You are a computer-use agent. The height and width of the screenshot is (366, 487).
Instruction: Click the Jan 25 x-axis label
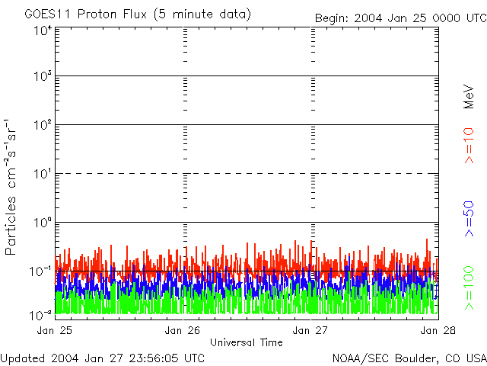click(x=56, y=330)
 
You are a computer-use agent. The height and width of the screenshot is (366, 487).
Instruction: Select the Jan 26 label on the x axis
click(x=183, y=330)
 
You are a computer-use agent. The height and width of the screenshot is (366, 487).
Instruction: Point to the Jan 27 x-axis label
click(x=311, y=330)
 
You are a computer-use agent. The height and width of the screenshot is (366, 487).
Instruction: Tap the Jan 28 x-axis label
click(x=429, y=330)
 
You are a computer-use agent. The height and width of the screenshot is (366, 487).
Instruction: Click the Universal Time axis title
click(x=247, y=342)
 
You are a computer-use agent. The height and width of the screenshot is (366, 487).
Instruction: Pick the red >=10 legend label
click(x=469, y=145)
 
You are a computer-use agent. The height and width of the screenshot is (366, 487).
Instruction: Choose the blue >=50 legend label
click(x=469, y=217)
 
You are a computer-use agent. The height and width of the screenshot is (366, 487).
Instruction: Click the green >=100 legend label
click(x=469, y=286)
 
